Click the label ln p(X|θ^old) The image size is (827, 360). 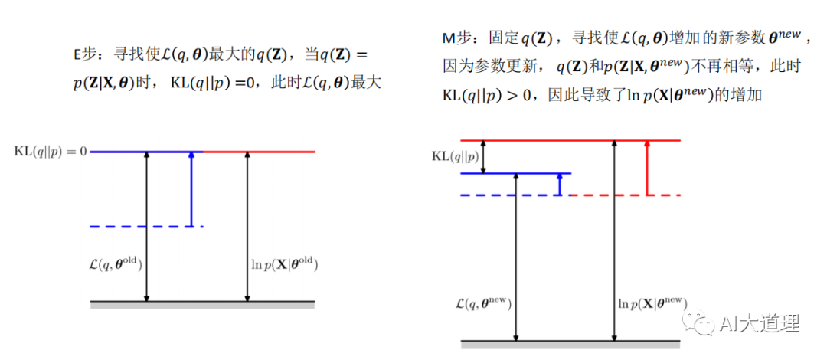click(x=283, y=265)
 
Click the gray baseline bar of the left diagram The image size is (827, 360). click(x=202, y=305)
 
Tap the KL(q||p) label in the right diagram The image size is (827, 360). click(x=456, y=156)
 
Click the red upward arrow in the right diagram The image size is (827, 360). click(x=648, y=168)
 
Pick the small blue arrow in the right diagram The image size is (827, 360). click(x=560, y=184)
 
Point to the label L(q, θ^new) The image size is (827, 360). click(x=482, y=303)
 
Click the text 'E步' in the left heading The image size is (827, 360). click(x=87, y=54)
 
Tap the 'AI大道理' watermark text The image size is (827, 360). click(x=760, y=325)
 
